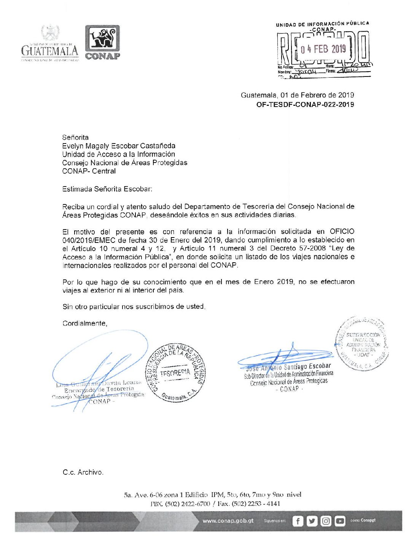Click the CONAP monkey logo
click(x=102, y=39)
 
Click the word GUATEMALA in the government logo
click(x=49, y=51)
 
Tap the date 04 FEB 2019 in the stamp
click(x=323, y=49)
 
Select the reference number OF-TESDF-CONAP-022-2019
click(x=305, y=104)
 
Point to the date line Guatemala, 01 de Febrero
click(x=297, y=95)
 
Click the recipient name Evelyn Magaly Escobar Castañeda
click(x=119, y=146)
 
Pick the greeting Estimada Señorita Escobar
click(x=107, y=189)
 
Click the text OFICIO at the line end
click(x=342, y=231)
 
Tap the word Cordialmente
click(x=85, y=323)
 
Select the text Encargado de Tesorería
click(x=99, y=390)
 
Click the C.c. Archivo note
click(x=83, y=472)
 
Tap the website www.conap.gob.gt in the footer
click(x=228, y=521)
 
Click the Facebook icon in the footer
click(x=297, y=521)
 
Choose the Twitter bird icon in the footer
click(x=312, y=521)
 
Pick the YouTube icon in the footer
click(x=340, y=521)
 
